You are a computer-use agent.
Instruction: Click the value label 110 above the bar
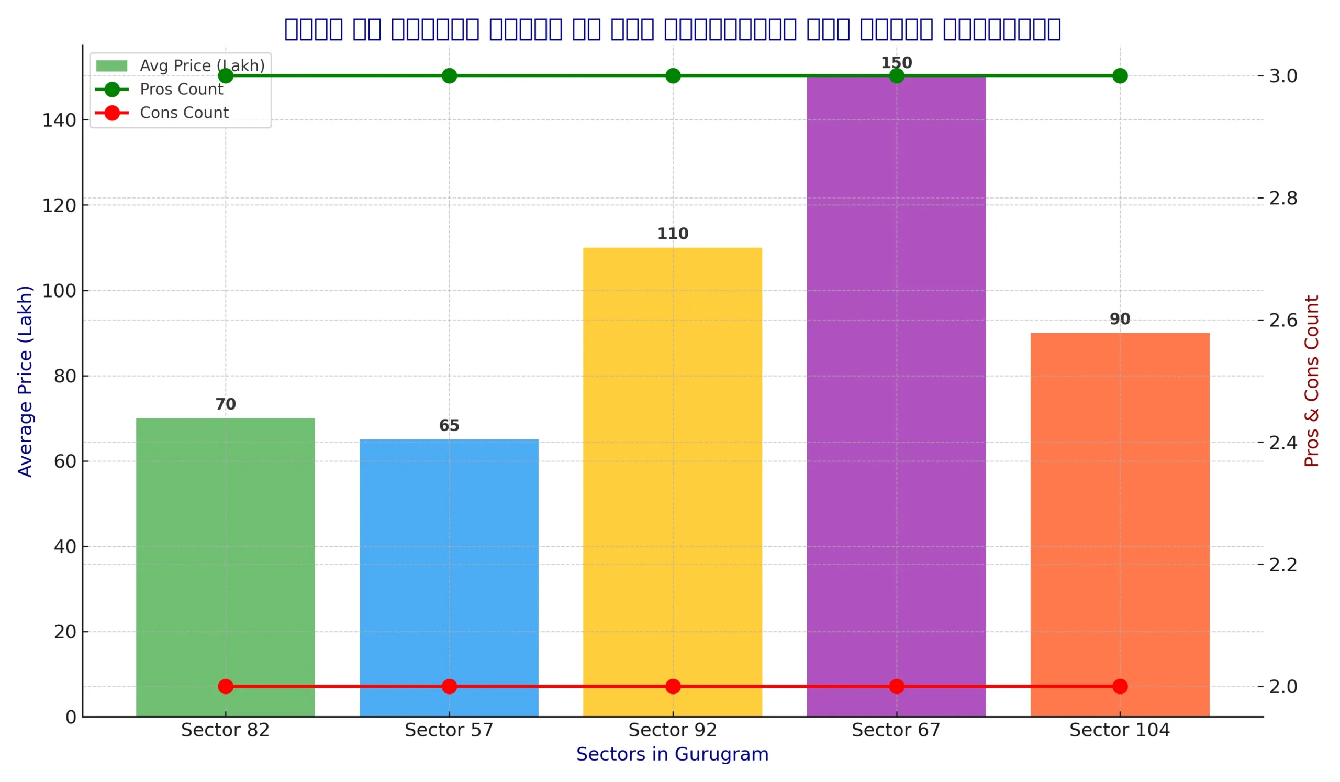673,234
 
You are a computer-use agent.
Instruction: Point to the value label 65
449,426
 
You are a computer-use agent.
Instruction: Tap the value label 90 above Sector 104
1119,319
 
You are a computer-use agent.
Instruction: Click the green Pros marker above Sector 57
449,76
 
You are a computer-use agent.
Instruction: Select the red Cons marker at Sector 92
673,686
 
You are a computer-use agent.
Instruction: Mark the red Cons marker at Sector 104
1120,686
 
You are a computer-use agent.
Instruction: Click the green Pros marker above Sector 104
1120,76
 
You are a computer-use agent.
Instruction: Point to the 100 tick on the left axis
59,291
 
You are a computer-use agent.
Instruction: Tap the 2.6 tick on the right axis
1282,320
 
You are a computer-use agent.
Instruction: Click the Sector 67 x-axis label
896,730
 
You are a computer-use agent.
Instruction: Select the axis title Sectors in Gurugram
672,754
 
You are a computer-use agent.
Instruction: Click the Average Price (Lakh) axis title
25,381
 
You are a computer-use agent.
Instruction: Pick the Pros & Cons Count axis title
1311,381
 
